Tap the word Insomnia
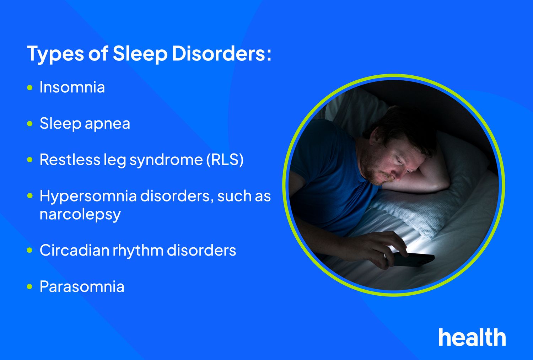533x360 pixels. [x=72, y=87]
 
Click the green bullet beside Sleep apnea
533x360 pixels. [x=30, y=124]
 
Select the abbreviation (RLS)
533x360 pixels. [x=225, y=160]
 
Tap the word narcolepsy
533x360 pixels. [x=80, y=215]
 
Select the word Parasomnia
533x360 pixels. [x=82, y=287]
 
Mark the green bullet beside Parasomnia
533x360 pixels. [x=30, y=286]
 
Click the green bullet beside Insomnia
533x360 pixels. [x=30, y=87]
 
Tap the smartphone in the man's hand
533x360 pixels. [x=414, y=259]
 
